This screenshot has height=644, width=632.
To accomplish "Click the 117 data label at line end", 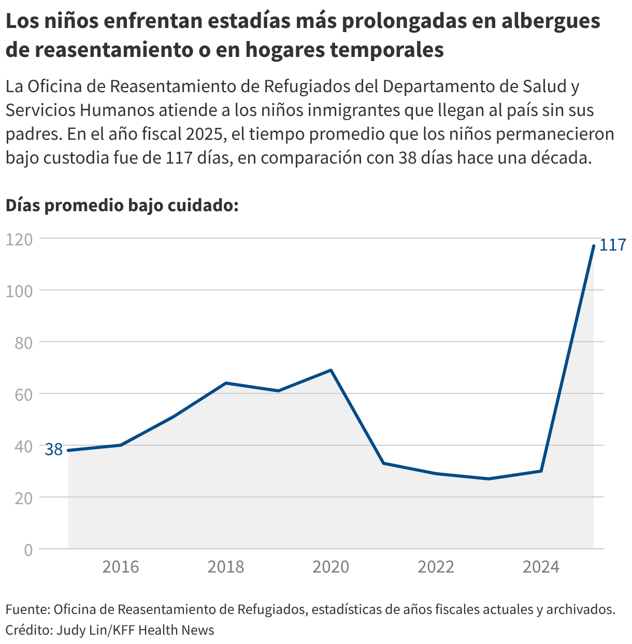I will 613,245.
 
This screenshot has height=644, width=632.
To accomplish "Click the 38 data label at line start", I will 53,449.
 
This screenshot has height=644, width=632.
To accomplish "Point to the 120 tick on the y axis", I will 20,239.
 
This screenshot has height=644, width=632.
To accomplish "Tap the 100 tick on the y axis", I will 20,290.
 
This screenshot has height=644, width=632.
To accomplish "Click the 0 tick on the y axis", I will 28,549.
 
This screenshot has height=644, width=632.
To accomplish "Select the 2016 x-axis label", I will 121,567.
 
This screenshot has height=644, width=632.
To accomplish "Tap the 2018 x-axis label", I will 226,567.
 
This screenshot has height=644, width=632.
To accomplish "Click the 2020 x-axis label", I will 331,567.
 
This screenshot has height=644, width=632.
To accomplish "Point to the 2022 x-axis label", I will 436,567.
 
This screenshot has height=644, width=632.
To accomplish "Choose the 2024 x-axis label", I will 541,567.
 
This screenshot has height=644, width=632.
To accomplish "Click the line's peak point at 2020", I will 331,370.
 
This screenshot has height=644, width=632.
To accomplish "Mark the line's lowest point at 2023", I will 489,479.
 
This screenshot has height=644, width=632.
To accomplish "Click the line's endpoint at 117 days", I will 594,246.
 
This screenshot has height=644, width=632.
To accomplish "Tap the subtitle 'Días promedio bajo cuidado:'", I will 122,206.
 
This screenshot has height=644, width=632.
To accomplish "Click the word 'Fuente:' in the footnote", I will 27,609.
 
